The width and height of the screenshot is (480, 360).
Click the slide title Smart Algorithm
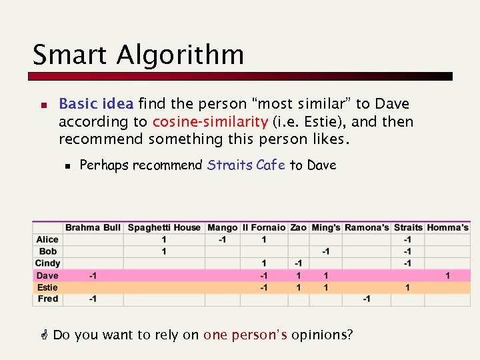pos(138,55)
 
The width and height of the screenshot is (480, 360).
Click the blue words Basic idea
pos(97,104)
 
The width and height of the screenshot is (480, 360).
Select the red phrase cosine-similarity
pos(210,122)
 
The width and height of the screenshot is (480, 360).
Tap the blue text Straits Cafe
pos(247,165)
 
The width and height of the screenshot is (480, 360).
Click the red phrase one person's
pos(245,335)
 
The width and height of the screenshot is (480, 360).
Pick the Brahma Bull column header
pos(93,227)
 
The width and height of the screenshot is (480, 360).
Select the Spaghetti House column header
pos(164,227)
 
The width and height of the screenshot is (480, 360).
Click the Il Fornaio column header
pos(264,227)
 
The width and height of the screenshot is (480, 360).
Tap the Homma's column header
pos(447,227)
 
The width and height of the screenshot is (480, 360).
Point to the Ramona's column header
pos(367,227)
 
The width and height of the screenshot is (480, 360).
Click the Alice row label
pos(47,239)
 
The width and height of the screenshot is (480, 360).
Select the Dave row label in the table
pos(47,275)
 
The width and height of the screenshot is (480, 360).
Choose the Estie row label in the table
pos(47,287)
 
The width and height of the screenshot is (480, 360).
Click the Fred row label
pos(47,299)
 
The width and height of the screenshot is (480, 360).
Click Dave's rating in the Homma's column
pos(447,275)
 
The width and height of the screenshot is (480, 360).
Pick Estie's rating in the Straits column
pos(407,287)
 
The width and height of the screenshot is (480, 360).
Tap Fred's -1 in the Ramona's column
pos(367,299)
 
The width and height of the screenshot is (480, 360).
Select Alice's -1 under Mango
pos(223,239)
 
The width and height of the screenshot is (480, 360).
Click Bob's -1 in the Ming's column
pos(325,251)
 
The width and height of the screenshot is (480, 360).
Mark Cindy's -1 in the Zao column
pos(299,263)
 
